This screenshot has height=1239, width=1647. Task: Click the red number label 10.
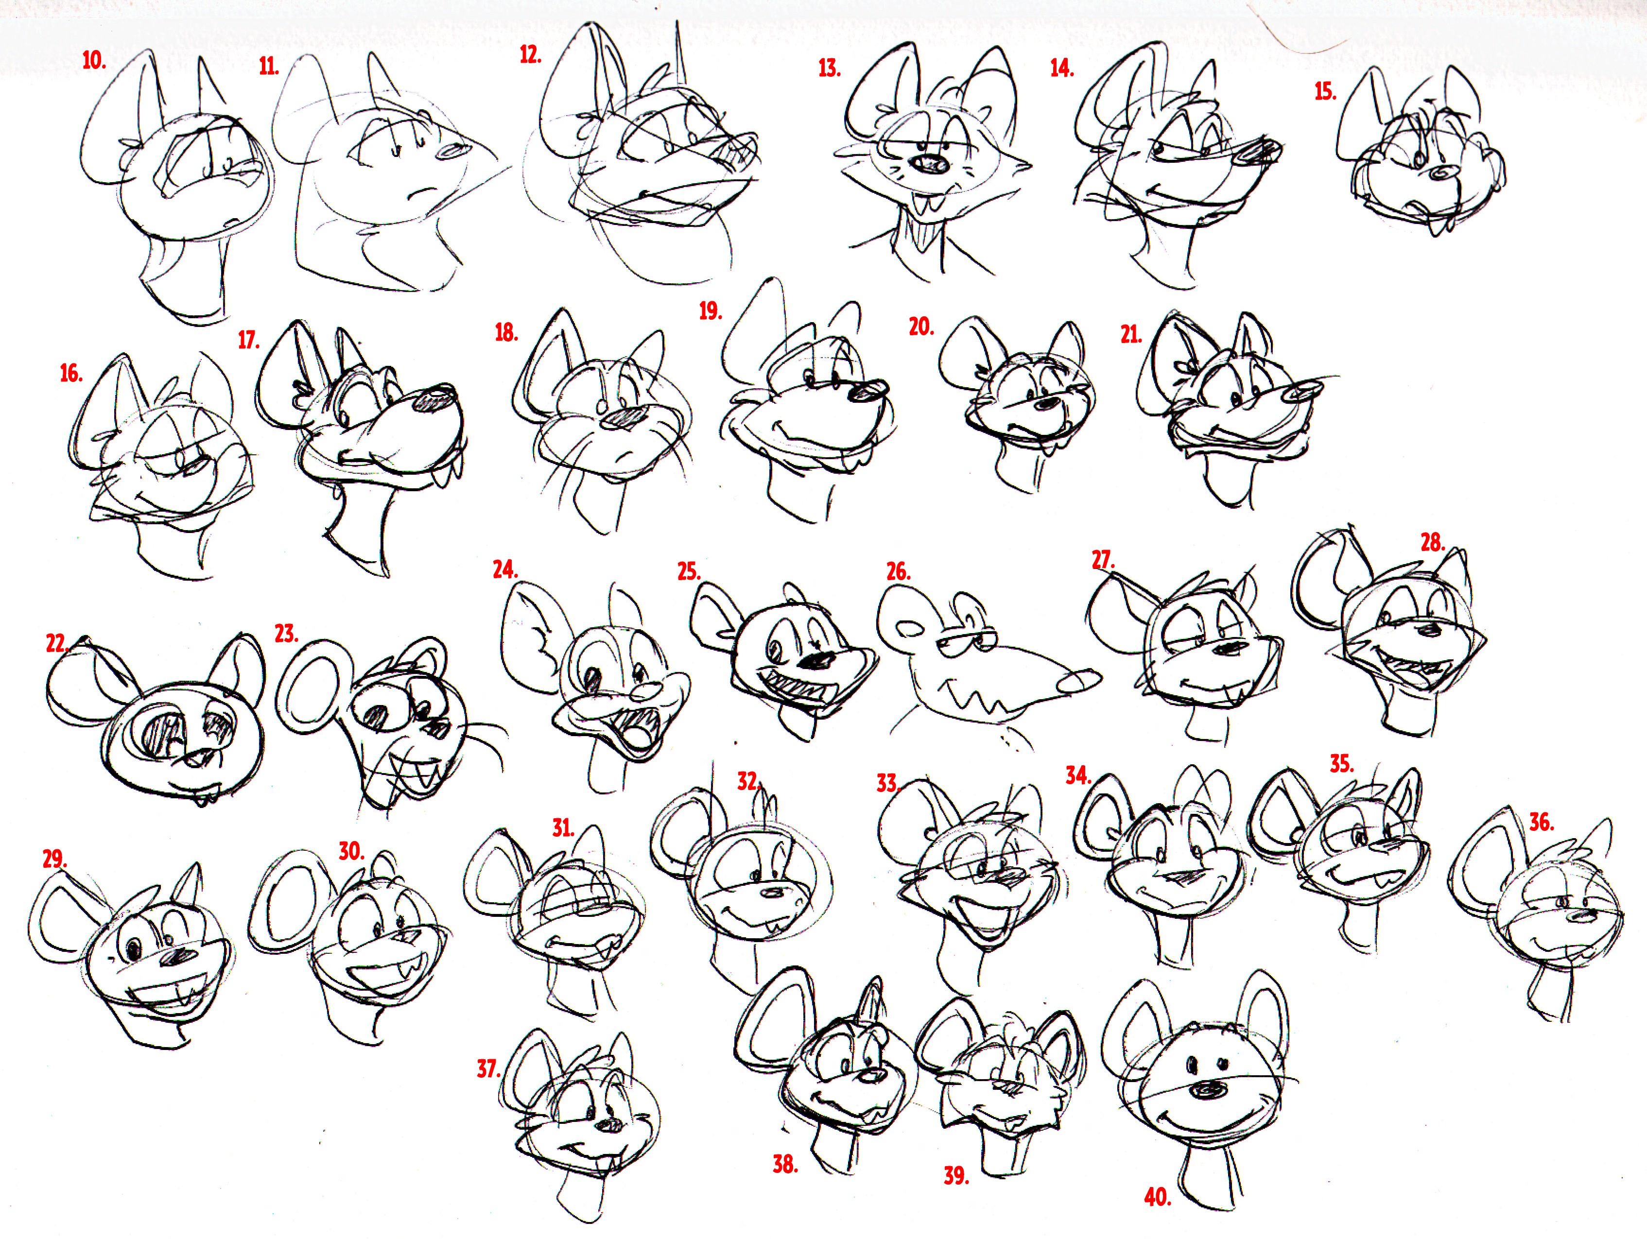(x=94, y=60)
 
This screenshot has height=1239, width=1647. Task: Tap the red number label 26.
(x=898, y=571)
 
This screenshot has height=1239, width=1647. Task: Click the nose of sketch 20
(x=1048, y=403)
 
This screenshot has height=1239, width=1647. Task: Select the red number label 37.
(x=488, y=1068)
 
